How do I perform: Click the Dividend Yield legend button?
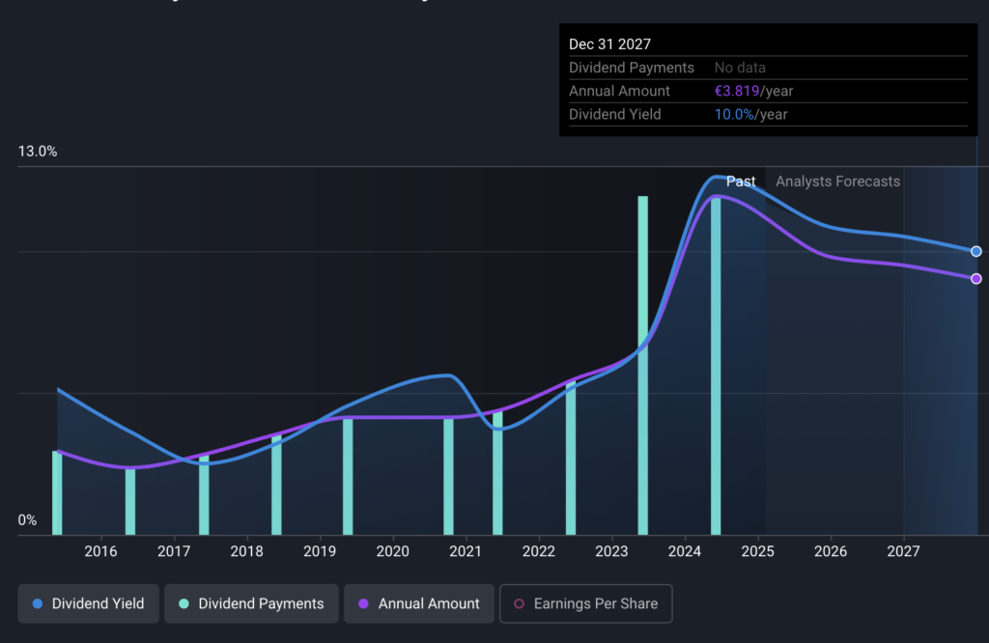pos(88,603)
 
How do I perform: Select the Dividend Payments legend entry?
pos(251,603)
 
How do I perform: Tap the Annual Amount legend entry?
pos(419,603)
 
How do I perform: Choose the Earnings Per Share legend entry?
pos(586,603)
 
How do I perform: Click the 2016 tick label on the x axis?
pos(100,551)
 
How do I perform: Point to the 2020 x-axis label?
pos(393,551)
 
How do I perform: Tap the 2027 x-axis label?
pos(903,551)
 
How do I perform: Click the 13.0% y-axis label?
pos(38,152)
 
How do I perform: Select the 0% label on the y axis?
pos(27,520)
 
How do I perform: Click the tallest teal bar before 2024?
pos(642,366)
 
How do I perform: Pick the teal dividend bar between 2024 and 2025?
pos(716,366)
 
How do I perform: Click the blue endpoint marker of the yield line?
pos(975,252)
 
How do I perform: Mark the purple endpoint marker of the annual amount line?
pos(975,279)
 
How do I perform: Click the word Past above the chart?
pos(741,182)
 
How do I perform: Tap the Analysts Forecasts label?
pos(837,182)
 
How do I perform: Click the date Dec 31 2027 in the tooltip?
pos(610,44)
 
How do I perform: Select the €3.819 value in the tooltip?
pos(737,91)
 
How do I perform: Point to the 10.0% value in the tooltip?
pos(734,114)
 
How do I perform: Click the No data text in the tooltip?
pos(740,68)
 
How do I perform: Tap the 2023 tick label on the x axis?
pos(611,551)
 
